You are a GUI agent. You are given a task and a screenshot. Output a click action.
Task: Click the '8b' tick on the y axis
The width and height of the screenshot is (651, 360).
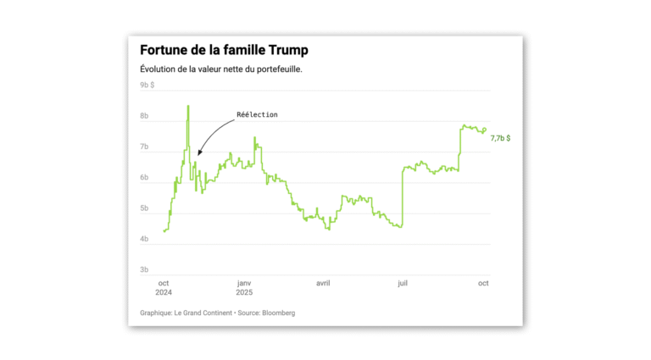click(144, 116)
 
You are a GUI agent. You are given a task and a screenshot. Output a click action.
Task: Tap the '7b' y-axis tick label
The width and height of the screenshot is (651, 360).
click(144, 147)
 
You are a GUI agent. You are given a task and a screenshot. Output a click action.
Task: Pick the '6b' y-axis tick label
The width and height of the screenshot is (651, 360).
click(144, 178)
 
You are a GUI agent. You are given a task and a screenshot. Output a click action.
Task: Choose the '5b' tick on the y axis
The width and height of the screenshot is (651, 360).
click(144, 208)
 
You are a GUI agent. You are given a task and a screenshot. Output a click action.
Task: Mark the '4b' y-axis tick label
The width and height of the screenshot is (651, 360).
click(144, 240)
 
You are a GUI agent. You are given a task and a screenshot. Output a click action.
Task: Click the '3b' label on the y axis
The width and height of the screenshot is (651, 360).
click(144, 270)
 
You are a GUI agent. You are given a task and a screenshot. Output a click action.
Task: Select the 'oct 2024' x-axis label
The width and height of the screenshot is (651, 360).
click(164, 288)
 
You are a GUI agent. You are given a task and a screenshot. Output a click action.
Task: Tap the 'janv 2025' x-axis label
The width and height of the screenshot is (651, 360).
click(244, 288)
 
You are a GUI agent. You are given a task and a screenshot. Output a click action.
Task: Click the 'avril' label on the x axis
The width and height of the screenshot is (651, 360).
click(323, 283)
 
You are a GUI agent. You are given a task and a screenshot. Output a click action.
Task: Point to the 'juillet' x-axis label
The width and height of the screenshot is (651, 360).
click(403, 283)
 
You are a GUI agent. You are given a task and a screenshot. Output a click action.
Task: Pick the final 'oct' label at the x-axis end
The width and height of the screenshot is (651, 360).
click(482, 283)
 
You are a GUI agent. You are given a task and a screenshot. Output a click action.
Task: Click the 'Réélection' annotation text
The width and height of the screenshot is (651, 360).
click(257, 114)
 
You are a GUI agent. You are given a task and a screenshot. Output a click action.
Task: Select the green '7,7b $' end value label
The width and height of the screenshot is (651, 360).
click(501, 137)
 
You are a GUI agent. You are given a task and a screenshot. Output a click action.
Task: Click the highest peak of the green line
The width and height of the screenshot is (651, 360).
click(187, 106)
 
